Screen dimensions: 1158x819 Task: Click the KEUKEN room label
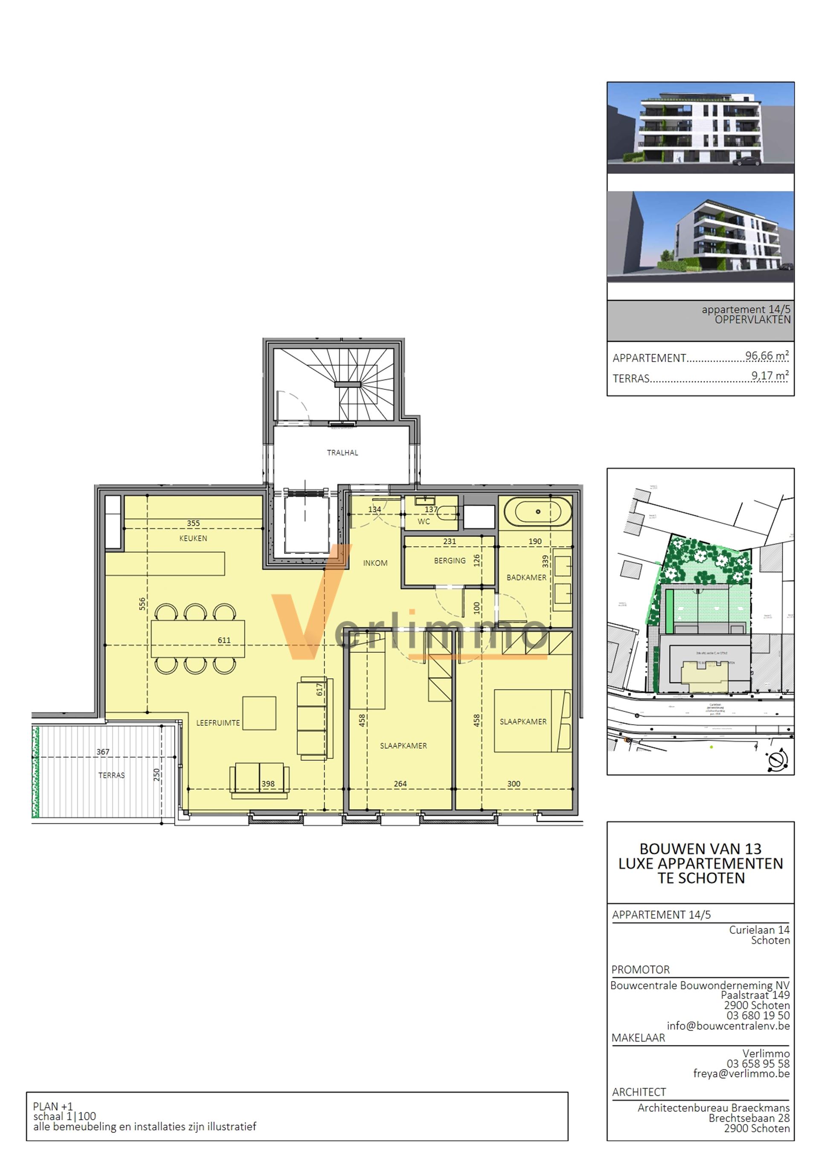[x=193, y=538]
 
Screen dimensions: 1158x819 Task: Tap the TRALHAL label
[x=342, y=452]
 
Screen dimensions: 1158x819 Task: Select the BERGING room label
[x=450, y=560]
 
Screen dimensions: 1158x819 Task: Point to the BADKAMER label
[x=526, y=577]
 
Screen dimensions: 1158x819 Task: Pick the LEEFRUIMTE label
[x=218, y=723]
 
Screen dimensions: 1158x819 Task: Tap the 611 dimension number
[x=224, y=640]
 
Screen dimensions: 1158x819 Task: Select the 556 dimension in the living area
[x=142, y=604]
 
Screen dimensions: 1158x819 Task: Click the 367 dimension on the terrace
[x=103, y=752]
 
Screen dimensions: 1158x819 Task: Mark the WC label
[x=424, y=521]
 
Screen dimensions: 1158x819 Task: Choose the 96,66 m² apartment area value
[x=767, y=356]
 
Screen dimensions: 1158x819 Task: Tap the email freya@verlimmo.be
[x=741, y=1073]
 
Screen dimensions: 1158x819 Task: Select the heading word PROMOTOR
[x=640, y=970]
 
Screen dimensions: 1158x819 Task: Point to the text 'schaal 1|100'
[x=64, y=1116]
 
